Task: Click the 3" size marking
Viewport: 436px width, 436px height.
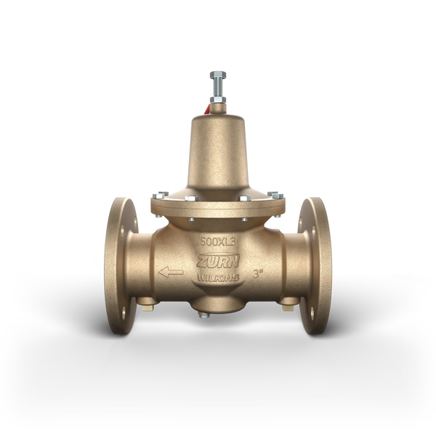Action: (258, 276)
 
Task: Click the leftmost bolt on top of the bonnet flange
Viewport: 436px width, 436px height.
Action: (156, 195)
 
